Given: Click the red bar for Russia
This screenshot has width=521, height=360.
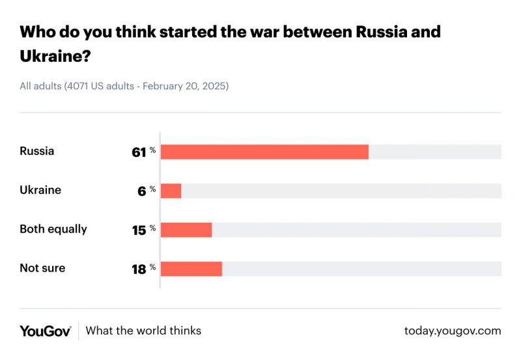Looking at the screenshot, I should pyautogui.click(x=264, y=152).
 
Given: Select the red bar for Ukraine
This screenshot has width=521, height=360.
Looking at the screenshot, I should pyautogui.click(x=171, y=191).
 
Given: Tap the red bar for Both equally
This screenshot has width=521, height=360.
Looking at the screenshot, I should pyautogui.click(x=186, y=230).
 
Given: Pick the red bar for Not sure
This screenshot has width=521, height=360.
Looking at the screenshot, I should pyautogui.click(x=191, y=269).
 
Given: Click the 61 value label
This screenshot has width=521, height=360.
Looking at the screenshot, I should pyautogui.click(x=139, y=152).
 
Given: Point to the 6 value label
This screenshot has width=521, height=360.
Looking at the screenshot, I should pyautogui.click(x=143, y=191).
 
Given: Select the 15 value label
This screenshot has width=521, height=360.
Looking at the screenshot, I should pyautogui.click(x=139, y=230).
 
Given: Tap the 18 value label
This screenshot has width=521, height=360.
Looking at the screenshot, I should pyautogui.click(x=139, y=270).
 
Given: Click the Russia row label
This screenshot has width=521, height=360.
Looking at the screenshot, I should pyautogui.click(x=37, y=151).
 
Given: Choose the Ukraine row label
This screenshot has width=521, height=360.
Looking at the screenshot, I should pyautogui.click(x=40, y=190).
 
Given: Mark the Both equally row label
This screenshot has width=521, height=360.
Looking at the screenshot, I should pyautogui.click(x=53, y=229).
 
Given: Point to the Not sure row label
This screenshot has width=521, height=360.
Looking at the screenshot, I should pyautogui.click(x=42, y=268).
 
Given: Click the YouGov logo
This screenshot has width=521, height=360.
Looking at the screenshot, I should pyautogui.click(x=45, y=331).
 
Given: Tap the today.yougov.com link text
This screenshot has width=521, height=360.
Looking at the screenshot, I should pyautogui.click(x=453, y=331).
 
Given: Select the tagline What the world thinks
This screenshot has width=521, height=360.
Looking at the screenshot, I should pyautogui.click(x=143, y=331).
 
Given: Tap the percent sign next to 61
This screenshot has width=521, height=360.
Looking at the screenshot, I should pyautogui.click(x=153, y=150).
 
